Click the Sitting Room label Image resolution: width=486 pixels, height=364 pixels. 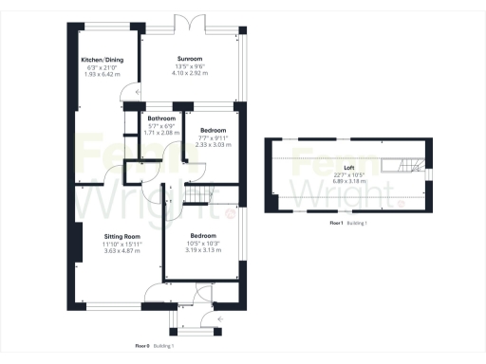(x=122, y=235)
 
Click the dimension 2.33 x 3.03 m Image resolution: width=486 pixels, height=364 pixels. (x=213, y=144)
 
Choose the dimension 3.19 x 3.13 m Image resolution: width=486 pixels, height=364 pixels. (x=204, y=249)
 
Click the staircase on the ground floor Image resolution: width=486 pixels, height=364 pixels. (x=197, y=193)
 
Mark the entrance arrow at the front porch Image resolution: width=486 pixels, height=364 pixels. (x=220, y=320)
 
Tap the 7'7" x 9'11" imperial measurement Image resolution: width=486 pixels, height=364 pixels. (x=213, y=137)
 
